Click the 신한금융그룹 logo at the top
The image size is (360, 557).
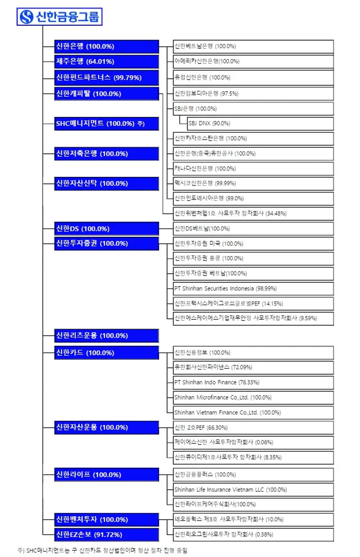coord(59,17)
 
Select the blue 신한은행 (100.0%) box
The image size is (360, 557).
coord(106,46)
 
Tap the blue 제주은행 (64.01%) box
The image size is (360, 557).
coord(106,62)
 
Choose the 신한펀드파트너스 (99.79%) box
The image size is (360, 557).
coord(106,78)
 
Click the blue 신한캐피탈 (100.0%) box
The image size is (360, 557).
coord(106,94)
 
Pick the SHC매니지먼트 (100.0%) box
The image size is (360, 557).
coord(106,124)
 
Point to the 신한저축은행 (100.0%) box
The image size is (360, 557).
coord(106,154)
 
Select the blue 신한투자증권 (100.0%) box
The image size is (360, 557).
coord(106,243)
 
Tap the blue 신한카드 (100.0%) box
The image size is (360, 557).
coord(106,353)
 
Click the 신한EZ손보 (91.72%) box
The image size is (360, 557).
coord(106,535)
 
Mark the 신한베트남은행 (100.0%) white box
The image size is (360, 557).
coord(253,46)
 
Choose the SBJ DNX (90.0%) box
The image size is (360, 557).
coord(260,124)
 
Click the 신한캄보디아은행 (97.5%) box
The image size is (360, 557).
coord(253,94)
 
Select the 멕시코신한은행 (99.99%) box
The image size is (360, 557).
coord(253,184)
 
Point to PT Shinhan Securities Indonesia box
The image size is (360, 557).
coord(253,289)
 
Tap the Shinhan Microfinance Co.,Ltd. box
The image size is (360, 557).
coord(253,398)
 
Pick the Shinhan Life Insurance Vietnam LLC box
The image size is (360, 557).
coord(253,490)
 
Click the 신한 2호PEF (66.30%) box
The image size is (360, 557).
coord(253,428)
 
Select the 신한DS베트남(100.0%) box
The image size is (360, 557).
coord(253,229)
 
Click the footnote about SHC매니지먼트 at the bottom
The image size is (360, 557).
coord(102,551)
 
